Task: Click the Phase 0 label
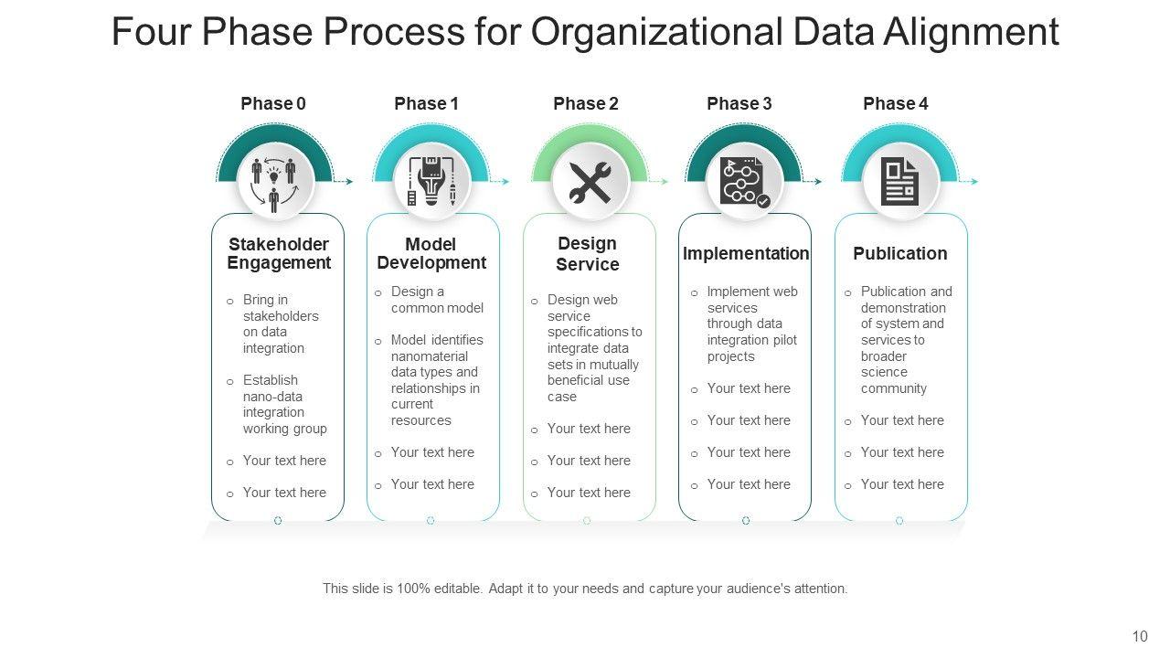coord(273,104)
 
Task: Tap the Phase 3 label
coord(739,104)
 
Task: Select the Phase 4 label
coord(895,104)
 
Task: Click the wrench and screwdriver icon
coord(590,182)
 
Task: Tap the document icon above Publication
coord(900,182)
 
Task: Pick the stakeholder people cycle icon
coord(274,182)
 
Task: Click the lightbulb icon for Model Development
coord(431,182)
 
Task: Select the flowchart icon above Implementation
coord(743,182)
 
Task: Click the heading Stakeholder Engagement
coord(279,254)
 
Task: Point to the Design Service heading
coord(588,254)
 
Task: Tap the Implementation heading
coord(746,253)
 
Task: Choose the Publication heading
coord(899,253)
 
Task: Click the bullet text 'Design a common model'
coord(437,300)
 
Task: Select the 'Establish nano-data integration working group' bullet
coord(284,404)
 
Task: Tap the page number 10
coord(1140,637)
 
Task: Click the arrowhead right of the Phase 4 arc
coord(974,182)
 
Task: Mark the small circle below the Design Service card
coord(587,521)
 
